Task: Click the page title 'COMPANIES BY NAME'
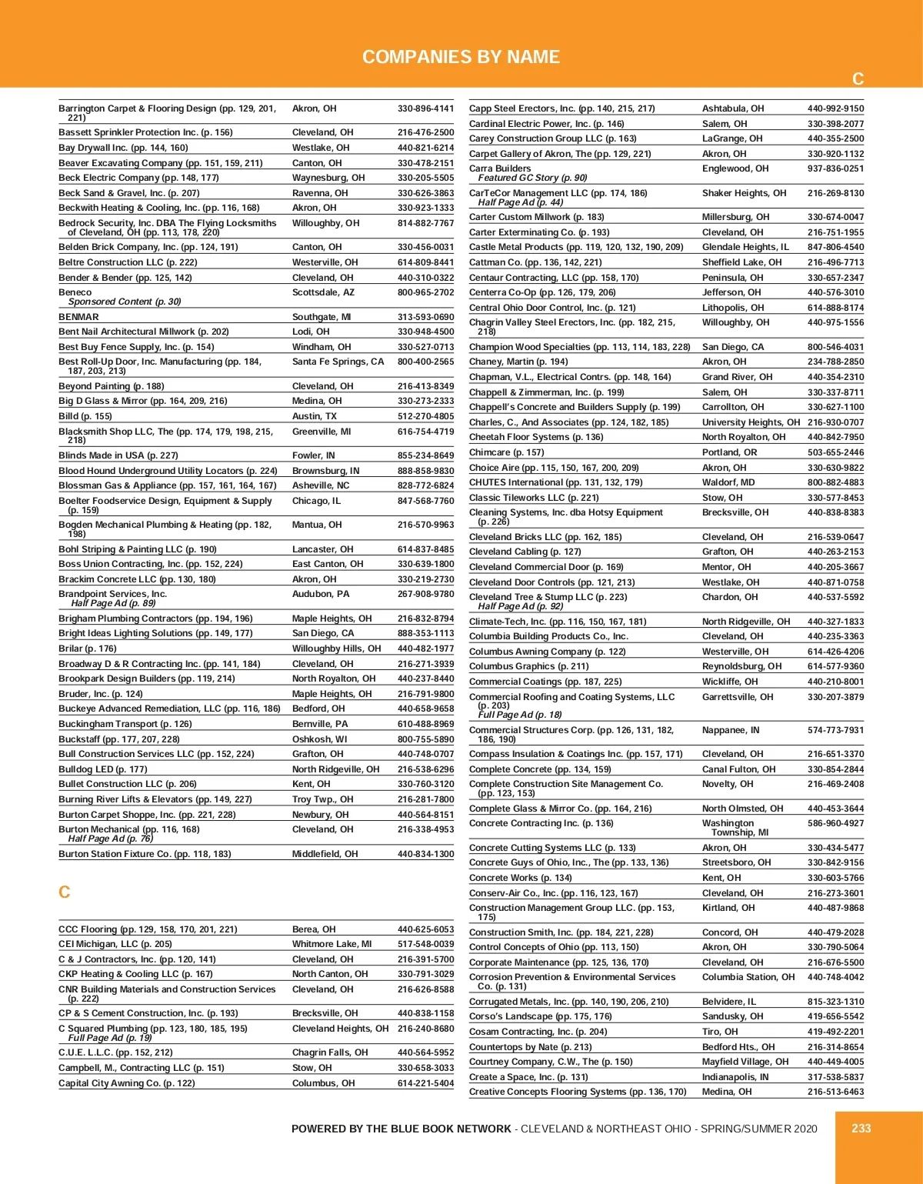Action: (x=461, y=57)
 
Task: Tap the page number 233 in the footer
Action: (x=861, y=1128)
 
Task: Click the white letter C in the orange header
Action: (x=858, y=79)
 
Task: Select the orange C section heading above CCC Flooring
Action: (x=65, y=892)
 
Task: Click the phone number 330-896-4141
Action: (x=425, y=108)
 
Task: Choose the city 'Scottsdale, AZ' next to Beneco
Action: (x=323, y=292)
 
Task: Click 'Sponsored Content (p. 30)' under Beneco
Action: (x=125, y=302)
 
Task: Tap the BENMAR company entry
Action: (x=78, y=317)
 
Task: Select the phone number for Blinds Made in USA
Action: (x=425, y=455)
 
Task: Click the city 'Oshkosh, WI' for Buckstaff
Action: (x=319, y=739)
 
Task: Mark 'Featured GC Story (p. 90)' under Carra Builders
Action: (x=532, y=178)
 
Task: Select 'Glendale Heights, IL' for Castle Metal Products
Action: (x=745, y=247)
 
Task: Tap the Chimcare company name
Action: (x=490, y=452)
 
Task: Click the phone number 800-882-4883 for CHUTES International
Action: (x=835, y=482)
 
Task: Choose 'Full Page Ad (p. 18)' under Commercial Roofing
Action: (x=520, y=715)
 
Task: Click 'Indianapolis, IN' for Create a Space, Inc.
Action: (x=735, y=1077)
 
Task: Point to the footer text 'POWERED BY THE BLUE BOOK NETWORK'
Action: (x=401, y=1129)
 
